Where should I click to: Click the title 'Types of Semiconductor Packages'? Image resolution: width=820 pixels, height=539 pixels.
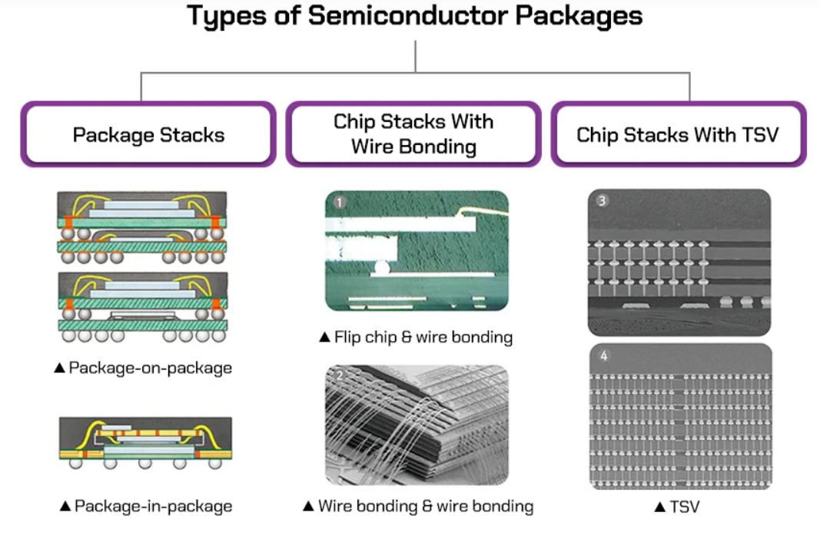pos(415,16)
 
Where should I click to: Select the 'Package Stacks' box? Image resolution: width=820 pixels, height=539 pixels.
pos(148,135)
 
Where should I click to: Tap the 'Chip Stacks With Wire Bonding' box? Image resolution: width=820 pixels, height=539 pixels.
pos(413,134)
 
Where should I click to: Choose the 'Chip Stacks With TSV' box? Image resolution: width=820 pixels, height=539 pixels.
pos(678,135)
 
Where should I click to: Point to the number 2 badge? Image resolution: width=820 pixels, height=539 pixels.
pos(340,376)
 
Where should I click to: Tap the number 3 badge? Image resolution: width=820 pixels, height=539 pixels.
pos(602,201)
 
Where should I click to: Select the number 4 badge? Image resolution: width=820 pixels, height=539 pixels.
pos(602,355)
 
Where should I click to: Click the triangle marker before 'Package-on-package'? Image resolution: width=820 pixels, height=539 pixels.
pos(60,369)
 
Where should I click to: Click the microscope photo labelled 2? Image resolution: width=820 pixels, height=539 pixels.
pos(417,425)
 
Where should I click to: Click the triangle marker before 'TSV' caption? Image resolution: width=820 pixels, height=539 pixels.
pos(659,508)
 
